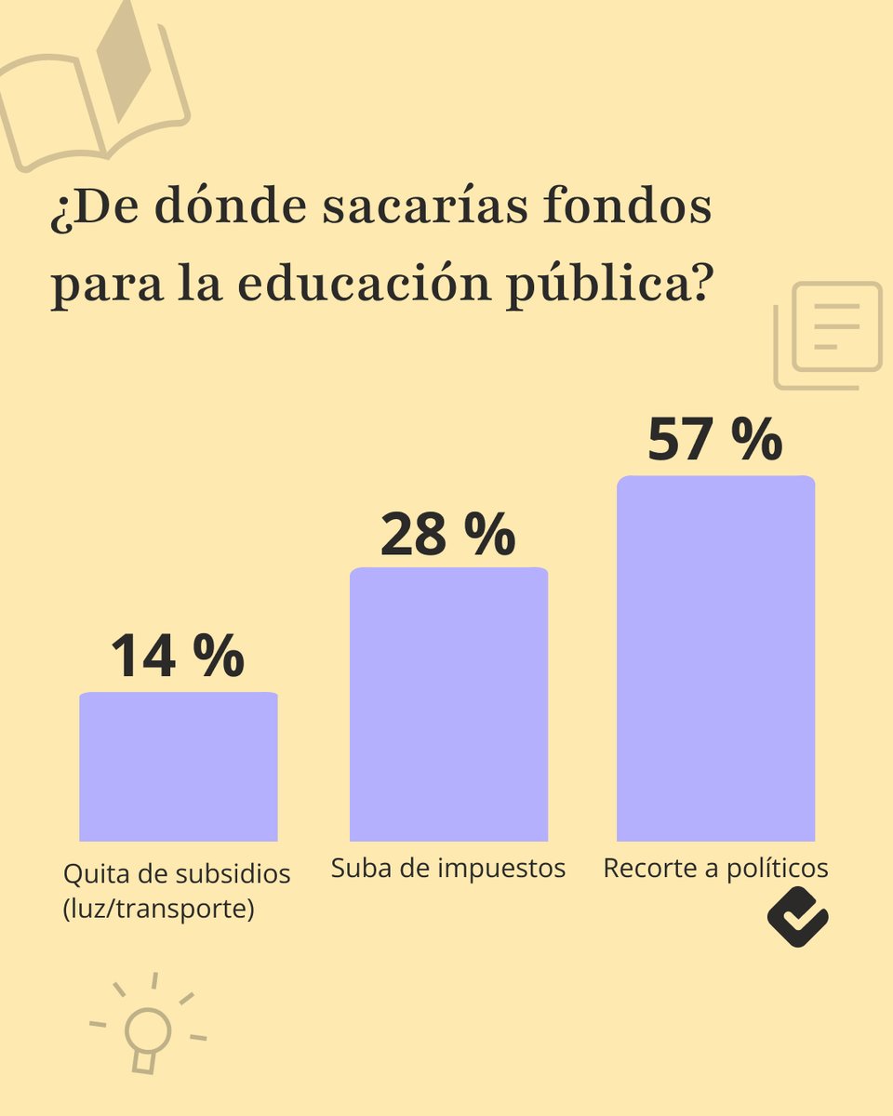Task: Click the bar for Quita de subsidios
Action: tap(178, 766)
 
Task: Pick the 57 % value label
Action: tap(714, 439)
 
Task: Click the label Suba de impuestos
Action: tap(448, 869)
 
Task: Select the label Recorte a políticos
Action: tap(715, 869)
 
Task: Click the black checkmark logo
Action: tap(797, 916)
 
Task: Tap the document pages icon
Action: tap(828, 335)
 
